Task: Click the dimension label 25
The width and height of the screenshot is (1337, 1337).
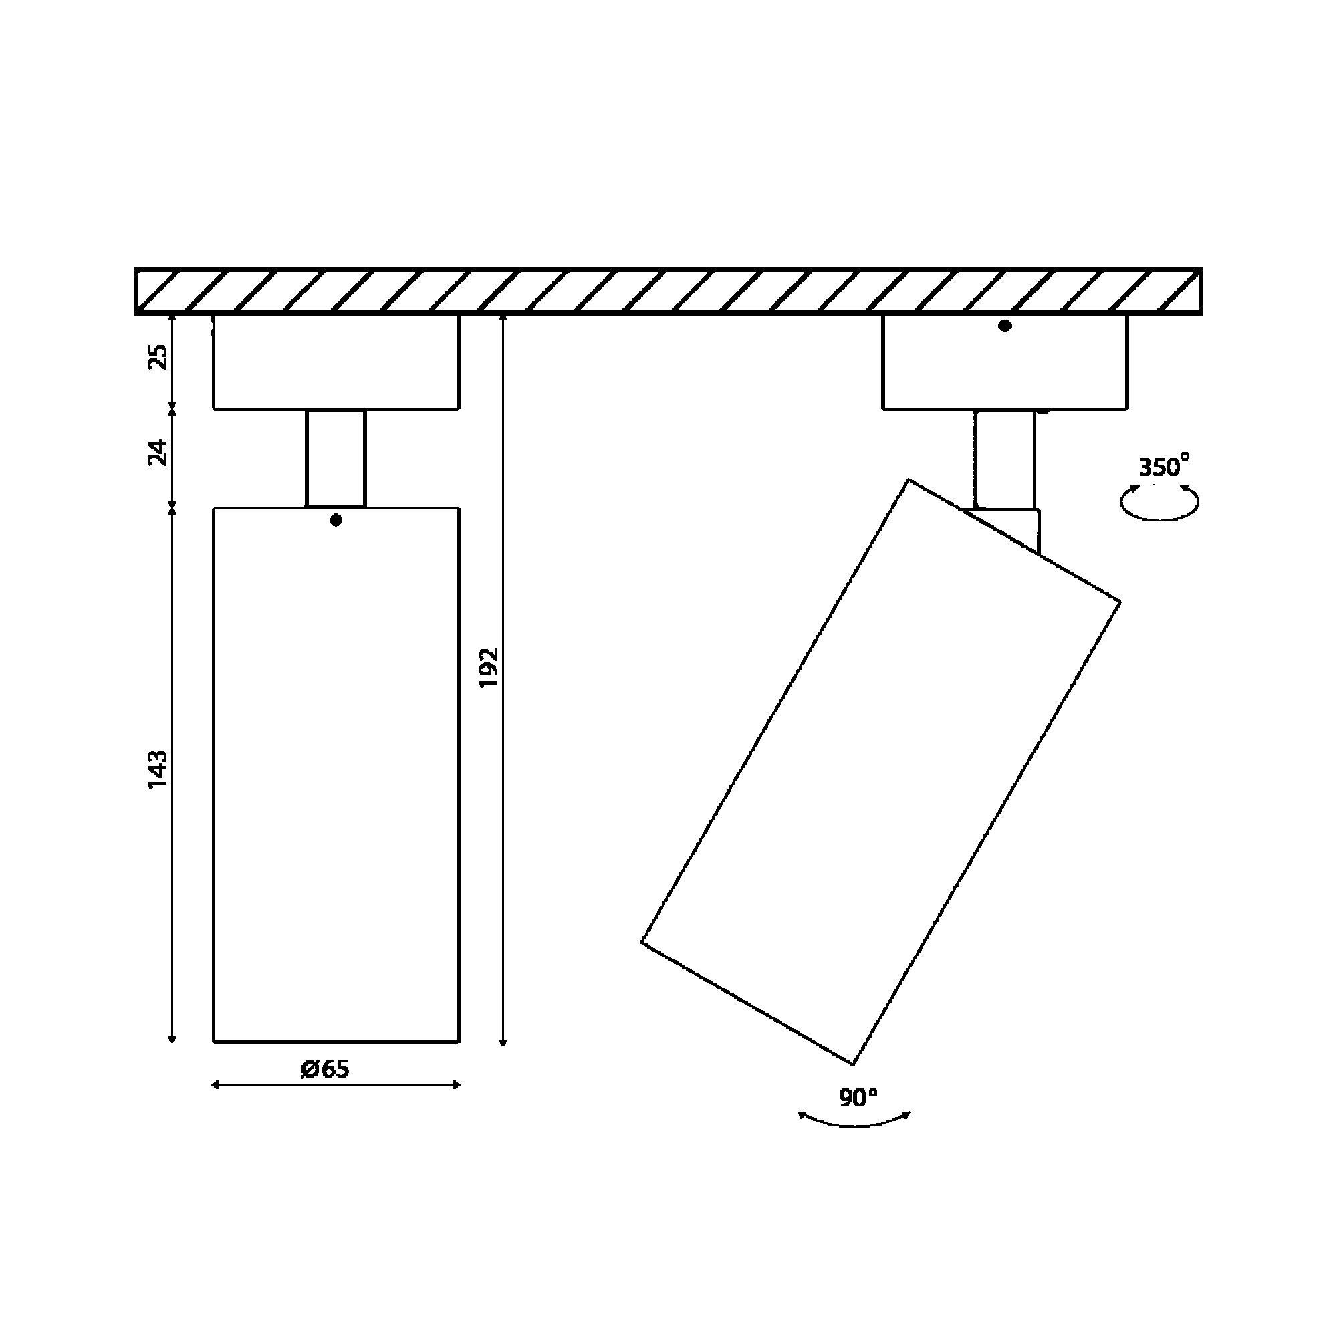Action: click(x=159, y=357)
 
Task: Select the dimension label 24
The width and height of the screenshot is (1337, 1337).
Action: click(x=159, y=452)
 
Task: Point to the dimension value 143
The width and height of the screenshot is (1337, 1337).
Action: click(x=158, y=768)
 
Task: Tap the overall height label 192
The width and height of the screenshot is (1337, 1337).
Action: click(x=489, y=668)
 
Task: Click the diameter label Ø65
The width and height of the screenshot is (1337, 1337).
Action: click(x=325, y=1069)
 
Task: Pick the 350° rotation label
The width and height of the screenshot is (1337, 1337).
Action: click(x=1164, y=467)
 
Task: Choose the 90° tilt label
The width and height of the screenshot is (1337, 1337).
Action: click(x=858, y=1098)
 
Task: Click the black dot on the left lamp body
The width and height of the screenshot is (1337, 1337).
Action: click(x=336, y=520)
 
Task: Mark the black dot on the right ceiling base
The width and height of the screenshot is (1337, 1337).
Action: click(x=1005, y=326)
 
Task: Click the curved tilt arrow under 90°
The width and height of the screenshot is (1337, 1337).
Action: click(x=856, y=1126)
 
